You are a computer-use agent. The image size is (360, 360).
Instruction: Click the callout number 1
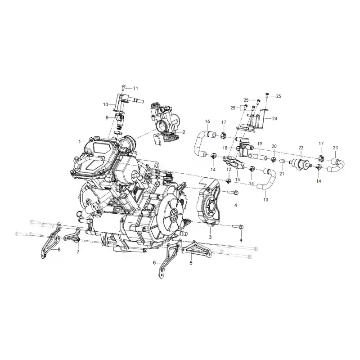point(80,142)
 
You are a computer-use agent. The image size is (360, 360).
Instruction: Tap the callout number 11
point(136,88)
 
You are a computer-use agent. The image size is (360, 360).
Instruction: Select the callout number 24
point(274,118)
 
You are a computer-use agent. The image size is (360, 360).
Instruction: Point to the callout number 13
point(265,200)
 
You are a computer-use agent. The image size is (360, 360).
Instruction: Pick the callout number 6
point(154,262)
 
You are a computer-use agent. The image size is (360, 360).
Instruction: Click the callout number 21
point(282,174)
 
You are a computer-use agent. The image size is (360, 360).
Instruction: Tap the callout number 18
point(225,148)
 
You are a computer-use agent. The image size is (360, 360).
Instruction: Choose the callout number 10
point(105,105)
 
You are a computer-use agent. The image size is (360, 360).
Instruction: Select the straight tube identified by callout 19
point(258,157)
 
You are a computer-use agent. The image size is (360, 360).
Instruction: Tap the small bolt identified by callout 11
point(123,87)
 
